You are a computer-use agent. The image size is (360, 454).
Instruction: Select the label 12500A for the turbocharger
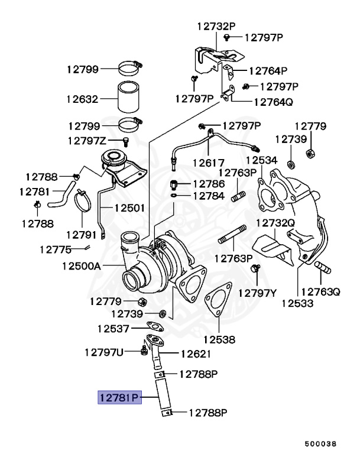click(82, 266)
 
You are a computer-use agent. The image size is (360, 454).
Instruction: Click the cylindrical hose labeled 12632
click(128, 97)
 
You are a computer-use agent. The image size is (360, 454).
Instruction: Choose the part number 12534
click(262, 160)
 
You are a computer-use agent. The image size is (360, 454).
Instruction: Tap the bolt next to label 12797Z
click(125, 141)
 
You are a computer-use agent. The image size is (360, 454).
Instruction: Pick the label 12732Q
click(275, 223)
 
